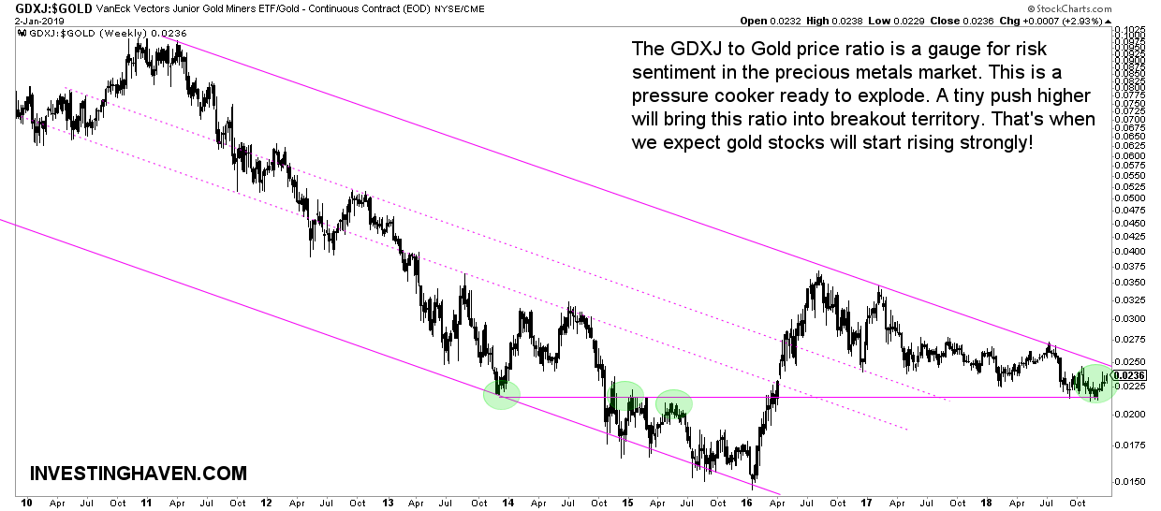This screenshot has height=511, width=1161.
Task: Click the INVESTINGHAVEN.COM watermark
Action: click(139, 474)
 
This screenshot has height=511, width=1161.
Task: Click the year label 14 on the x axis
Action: click(507, 503)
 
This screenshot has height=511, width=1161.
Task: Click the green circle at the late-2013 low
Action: click(501, 395)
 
